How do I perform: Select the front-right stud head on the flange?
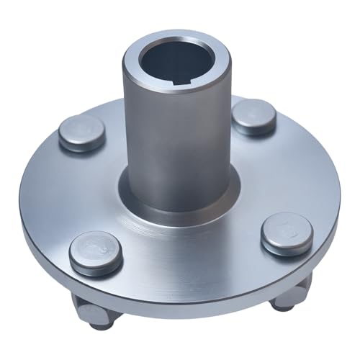[287, 232]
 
